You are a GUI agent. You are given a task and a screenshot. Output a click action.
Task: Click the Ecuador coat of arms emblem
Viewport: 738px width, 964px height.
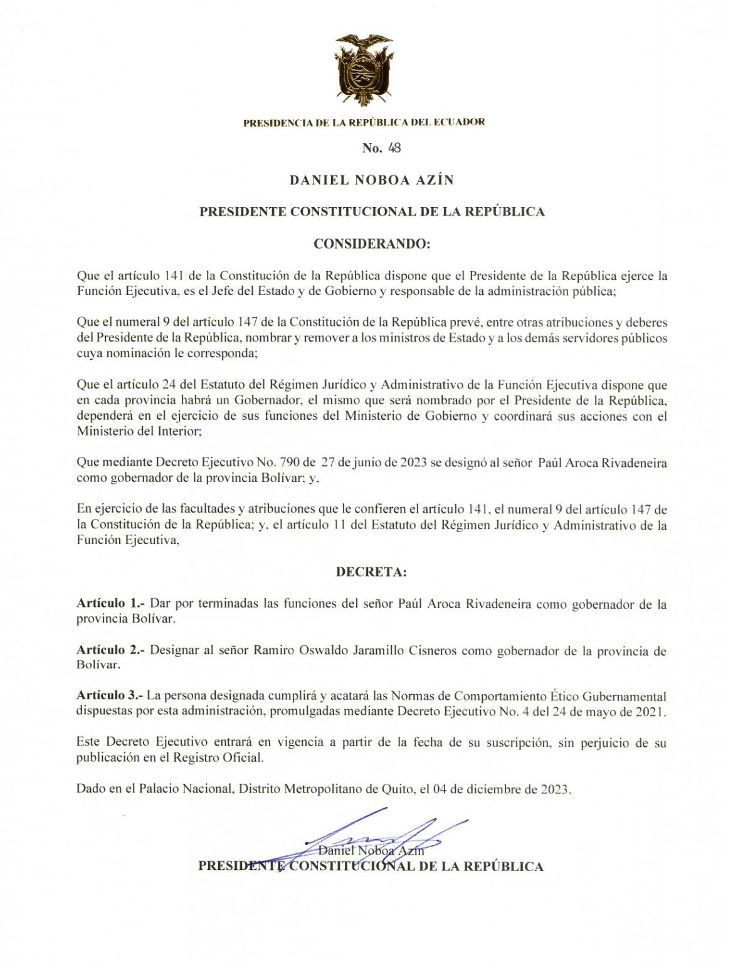coord(364,70)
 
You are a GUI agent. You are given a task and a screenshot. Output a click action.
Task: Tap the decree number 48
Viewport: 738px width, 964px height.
coord(394,148)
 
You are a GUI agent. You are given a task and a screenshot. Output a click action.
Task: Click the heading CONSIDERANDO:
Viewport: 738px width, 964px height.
coord(371,244)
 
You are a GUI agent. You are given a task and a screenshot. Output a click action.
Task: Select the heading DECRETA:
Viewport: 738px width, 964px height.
coord(371,572)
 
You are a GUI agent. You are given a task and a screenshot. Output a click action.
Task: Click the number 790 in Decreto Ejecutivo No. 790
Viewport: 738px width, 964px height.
coord(290,463)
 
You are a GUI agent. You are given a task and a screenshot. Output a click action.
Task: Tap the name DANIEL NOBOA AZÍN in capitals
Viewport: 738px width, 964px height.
coord(371,180)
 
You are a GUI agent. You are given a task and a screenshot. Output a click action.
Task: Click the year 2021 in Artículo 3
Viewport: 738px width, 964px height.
coord(652,712)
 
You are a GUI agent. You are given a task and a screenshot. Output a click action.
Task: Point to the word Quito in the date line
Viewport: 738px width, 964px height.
coord(397,790)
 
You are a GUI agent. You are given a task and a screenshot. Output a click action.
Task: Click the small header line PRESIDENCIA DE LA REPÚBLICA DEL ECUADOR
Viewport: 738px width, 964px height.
coord(364,122)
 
